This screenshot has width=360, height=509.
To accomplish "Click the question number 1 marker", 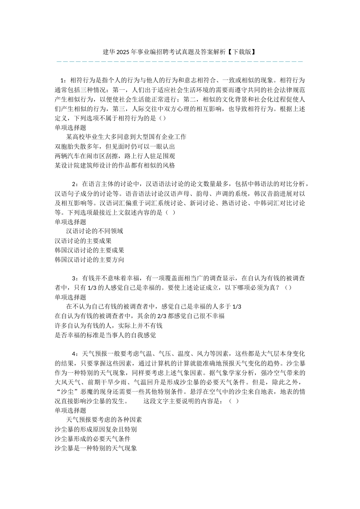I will (x=63, y=80).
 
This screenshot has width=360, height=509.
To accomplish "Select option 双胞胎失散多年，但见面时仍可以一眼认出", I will (x=115, y=147).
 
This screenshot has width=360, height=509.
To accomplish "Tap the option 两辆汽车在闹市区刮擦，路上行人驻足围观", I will (x=115, y=156).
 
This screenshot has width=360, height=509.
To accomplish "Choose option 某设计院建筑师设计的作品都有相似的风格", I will (x=115, y=166).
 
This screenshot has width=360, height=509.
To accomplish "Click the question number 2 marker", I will (x=74, y=184).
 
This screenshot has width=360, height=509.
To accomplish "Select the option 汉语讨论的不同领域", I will (x=95, y=231).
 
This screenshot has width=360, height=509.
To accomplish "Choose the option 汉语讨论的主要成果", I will (x=83, y=241).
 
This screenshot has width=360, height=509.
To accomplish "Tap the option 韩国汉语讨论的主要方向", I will (x=89, y=260).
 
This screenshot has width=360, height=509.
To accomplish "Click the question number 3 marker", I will (x=74, y=278).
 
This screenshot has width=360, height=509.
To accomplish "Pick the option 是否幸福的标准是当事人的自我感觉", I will (x=105, y=335).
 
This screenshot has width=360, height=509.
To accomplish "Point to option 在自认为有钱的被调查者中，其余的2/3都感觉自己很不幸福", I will (x=139, y=316).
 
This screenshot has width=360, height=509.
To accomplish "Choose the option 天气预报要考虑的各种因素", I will (x=104, y=420).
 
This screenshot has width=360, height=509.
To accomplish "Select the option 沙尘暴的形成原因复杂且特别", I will (x=96, y=429).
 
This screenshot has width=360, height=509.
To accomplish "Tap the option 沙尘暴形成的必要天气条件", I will (x=92, y=439).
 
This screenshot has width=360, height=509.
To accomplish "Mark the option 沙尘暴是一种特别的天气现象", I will (x=96, y=448).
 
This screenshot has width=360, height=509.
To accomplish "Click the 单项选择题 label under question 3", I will (x=70, y=297).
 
